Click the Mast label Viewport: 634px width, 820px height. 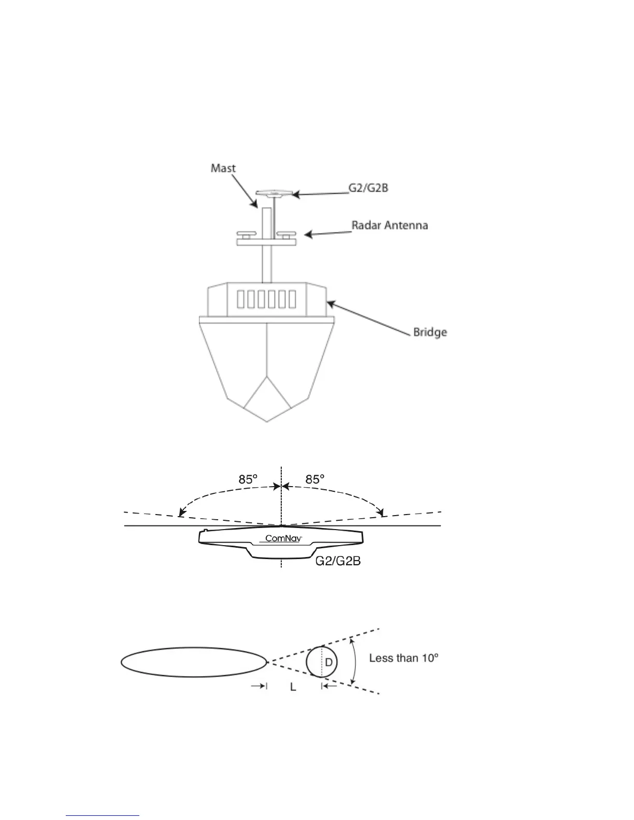tap(223, 168)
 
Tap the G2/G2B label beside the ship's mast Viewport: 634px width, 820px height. tap(368, 188)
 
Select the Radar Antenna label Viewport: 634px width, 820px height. tap(390, 225)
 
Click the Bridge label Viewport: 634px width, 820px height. tap(429, 332)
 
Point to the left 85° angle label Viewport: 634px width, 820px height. tap(248, 480)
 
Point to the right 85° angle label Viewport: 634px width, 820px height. tap(315, 480)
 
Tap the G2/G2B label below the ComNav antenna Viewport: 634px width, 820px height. tap(338, 562)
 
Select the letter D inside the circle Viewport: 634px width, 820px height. tap(329, 662)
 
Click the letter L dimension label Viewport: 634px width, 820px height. tap(293, 688)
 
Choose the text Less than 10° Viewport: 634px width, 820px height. tap(404, 658)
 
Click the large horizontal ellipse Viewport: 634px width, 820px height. tap(193, 662)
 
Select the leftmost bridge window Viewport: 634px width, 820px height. tap(241, 300)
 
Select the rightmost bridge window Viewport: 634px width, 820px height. tap(293, 300)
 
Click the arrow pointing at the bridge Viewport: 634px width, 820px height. tap(368, 317)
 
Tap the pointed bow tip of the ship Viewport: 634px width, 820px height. tap(267, 421)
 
